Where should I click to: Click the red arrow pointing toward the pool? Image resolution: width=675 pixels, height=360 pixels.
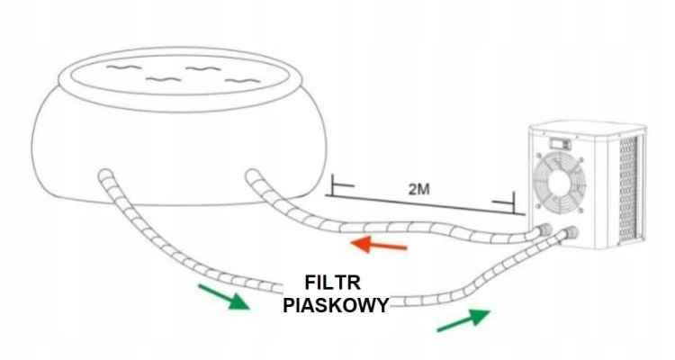click(x=378, y=244)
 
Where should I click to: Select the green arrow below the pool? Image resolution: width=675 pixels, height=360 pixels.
click(x=222, y=296)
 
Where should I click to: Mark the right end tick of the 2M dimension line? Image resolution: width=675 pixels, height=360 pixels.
click(x=511, y=200)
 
